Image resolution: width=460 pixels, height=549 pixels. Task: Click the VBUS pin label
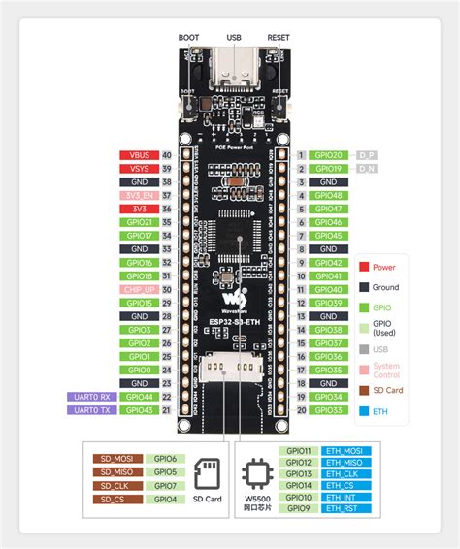click(133, 154)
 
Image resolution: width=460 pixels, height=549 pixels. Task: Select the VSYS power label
click(133, 168)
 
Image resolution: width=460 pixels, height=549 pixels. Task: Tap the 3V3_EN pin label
click(133, 195)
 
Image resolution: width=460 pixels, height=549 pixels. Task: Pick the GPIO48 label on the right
click(327, 195)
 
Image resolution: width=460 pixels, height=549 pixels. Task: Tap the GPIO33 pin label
click(327, 410)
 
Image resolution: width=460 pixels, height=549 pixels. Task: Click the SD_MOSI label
click(117, 459)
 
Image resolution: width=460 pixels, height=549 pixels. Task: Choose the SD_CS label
click(117, 500)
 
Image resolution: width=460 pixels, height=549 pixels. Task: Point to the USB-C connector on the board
click(233, 70)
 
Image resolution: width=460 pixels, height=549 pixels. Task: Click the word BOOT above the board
click(189, 38)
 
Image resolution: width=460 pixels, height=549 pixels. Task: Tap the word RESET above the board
click(278, 38)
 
